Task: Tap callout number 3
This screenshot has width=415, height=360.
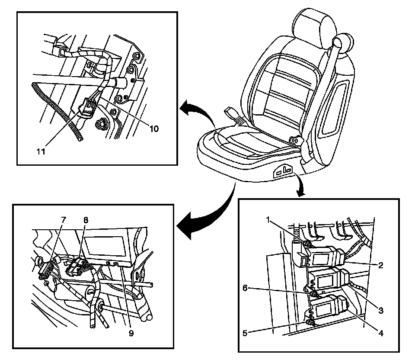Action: [x=380, y=310]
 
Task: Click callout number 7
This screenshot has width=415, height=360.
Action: [x=63, y=219]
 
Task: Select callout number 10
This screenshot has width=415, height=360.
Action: [x=155, y=129]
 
